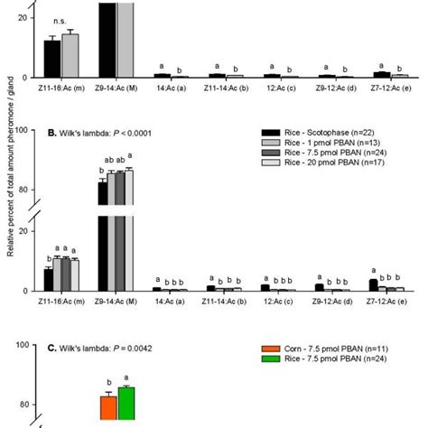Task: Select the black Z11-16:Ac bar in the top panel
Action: pyautogui.click(x=52, y=60)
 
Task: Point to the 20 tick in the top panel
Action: pyautogui.click(x=33, y=18)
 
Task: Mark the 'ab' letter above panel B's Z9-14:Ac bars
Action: pyautogui.click(x=112, y=162)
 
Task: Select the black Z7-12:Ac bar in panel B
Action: pyautogui.click(x=373, y=284)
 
